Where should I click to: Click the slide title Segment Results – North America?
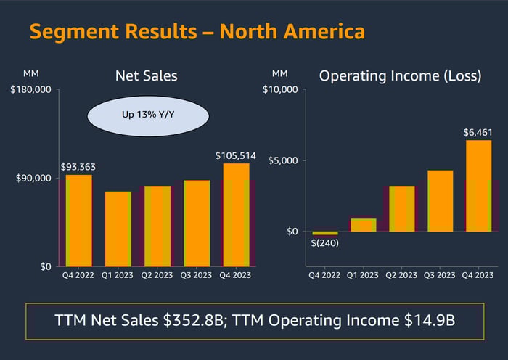click(x=196, y=32)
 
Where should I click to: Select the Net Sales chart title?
click(x=147, y=75)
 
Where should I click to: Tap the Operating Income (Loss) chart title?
click(x=401, y=75)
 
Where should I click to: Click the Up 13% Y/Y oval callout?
click(x=148, y=114)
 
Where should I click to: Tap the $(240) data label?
click(x=324, y=243)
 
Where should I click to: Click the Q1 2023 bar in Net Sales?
click(x=118, y=229)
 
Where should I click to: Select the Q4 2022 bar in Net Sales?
click(x=79, y=221)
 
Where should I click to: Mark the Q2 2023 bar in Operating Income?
click(x=401, y=209)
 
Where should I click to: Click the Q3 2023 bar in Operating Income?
click(x=440, y=201)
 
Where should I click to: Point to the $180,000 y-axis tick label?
click(x=30, y=90)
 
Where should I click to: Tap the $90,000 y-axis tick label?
click(x=33, y=179)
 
